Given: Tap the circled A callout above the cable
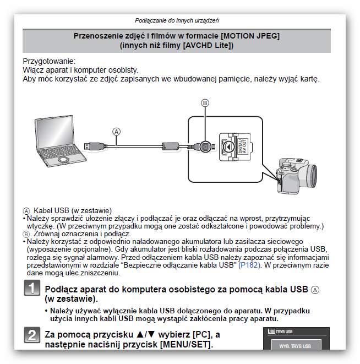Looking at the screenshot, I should [x=116, y=131].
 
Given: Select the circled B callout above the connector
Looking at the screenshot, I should [x=205, y=103].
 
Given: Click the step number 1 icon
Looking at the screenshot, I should [x=32, y=289].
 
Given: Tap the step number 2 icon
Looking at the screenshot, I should [x=32, y=335].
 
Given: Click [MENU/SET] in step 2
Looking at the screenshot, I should [x=186, y=345].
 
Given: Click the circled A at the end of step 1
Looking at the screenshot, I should [x=315, y=289].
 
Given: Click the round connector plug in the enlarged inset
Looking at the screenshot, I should [x=205, y=146].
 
